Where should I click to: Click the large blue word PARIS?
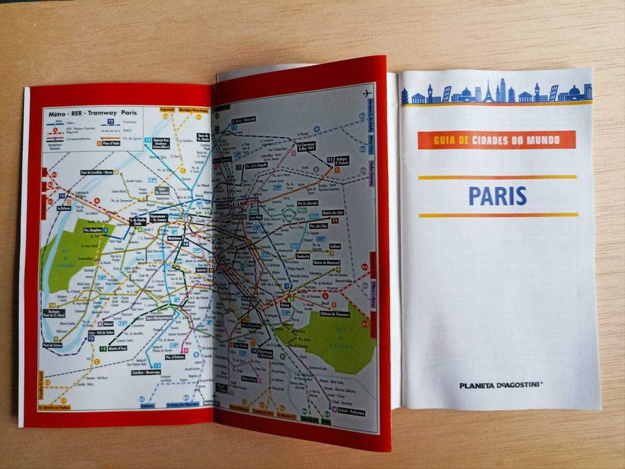[497, 196]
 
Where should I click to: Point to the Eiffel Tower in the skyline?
[488, 92]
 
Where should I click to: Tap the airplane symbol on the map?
[367, 92]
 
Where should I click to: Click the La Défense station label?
[64, 208]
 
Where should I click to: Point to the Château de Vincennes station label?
[335, 314]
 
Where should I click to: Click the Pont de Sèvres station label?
[52, 345]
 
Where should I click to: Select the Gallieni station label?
[335, 246]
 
